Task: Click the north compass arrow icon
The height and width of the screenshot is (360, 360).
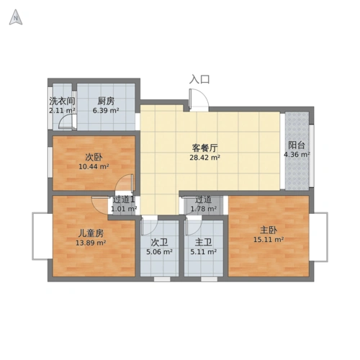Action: [x=16, y=17]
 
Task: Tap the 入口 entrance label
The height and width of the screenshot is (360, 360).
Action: [x=199, y=79]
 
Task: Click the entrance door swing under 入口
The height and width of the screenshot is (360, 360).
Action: [x=198, y=99]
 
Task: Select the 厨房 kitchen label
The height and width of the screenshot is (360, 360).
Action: [x=106, y=102]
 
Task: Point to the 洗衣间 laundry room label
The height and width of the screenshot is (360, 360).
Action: [x=62, y=102]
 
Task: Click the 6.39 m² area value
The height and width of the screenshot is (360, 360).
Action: [x=106, y=111]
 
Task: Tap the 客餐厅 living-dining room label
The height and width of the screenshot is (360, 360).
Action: [x=204, y=148]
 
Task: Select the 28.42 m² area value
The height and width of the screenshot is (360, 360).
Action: [x=205, y=158]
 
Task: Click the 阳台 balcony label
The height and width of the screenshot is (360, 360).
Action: [x=297, y=145]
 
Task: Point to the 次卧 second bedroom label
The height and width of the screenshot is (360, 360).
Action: [x=94, y=157]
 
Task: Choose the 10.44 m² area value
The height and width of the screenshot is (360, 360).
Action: [x=94, y=166]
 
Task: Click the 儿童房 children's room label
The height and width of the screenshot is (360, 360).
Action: [x=91, y=233]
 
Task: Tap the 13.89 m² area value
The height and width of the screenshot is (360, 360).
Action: [x=91, y=243]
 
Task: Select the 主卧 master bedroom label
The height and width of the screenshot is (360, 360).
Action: [x=269, y=230]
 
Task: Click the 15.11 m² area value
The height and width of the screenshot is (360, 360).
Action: [x=269, y=239]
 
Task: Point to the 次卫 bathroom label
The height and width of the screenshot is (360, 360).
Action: [x=159, y=243]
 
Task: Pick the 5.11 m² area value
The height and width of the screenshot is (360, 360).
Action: [x=204, y=252]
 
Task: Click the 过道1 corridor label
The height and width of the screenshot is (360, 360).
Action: [x=124, y=199]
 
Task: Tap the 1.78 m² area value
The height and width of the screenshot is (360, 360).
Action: [x=204, y=209]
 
